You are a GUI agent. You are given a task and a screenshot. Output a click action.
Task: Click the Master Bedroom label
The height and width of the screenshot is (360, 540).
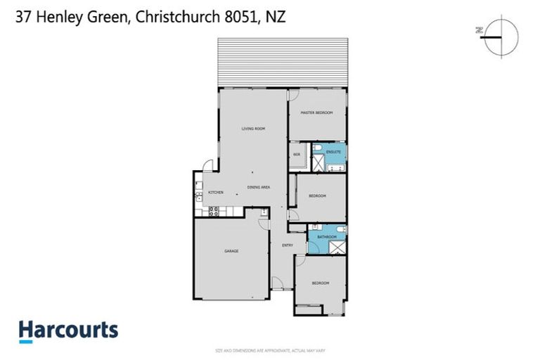(x=316, y=113)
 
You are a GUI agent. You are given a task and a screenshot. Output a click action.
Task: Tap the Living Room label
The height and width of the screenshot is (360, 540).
(x=253, y=129)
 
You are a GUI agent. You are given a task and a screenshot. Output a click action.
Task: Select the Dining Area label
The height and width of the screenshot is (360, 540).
(x=259, y=187)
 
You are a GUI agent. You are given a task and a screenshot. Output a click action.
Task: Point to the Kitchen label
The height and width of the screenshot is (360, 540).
(x=215, y=192)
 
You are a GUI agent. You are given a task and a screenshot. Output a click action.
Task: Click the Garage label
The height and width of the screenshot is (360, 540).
(x=233, y=251)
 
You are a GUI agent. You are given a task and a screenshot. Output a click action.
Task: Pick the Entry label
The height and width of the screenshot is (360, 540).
(x=288, y=245)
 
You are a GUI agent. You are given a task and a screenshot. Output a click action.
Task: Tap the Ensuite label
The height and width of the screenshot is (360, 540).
(x=335, y=151)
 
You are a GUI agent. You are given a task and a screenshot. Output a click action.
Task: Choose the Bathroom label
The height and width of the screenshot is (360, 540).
(x=328, y=237)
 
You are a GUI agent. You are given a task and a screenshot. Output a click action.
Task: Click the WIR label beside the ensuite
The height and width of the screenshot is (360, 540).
(x=297, y=154)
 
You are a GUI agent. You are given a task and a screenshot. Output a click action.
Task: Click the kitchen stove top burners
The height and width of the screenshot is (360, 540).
(x=213, y=210)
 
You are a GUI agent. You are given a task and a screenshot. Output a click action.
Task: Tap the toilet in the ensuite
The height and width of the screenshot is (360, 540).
(x=318, y=148)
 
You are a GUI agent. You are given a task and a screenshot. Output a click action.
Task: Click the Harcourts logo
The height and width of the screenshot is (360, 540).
(x=68, y=331)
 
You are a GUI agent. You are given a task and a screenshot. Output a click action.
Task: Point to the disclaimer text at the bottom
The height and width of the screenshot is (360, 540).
(x=269, y=350)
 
